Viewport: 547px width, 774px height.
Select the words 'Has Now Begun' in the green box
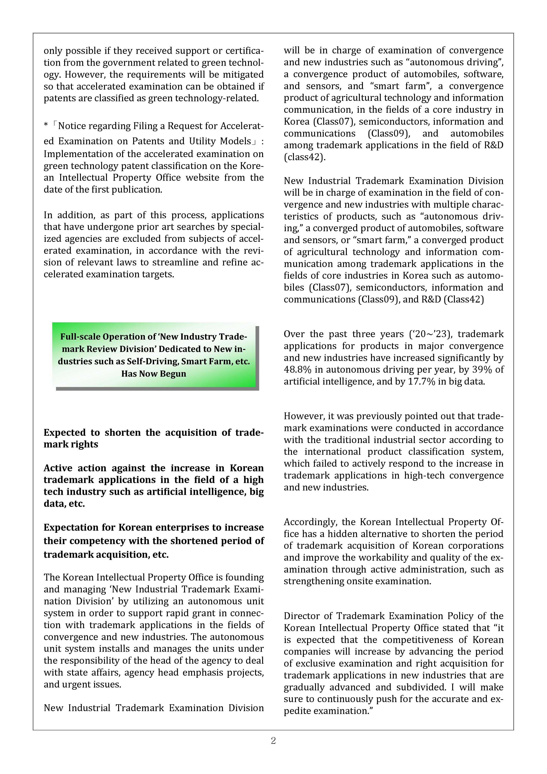[154, 374]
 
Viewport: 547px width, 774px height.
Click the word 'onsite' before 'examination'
[357, 581]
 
